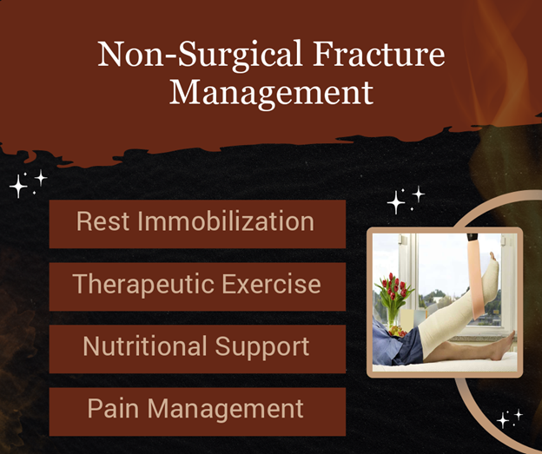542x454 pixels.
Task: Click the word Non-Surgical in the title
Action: pos(200,54)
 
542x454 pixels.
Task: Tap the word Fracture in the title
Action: pos(379,54)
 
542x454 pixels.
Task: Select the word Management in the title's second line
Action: pos(271,93)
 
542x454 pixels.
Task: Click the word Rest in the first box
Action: pos(103,220)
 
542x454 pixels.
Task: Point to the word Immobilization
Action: pos(226,220)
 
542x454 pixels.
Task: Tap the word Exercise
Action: pos(271,284)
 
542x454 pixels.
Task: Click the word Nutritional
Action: pos(145,345)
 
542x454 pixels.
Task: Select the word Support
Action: pos(262,346)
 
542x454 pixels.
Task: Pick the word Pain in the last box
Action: pos(113,408)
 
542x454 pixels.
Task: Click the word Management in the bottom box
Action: pos(225,409)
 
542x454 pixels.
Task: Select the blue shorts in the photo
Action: pos(398,345)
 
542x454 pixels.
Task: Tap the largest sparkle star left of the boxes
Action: pos(18,187)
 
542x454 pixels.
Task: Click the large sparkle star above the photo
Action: pos(396,202)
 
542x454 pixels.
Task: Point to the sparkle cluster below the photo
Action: pos(510,418)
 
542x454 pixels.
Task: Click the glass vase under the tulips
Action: pos(392,319)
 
